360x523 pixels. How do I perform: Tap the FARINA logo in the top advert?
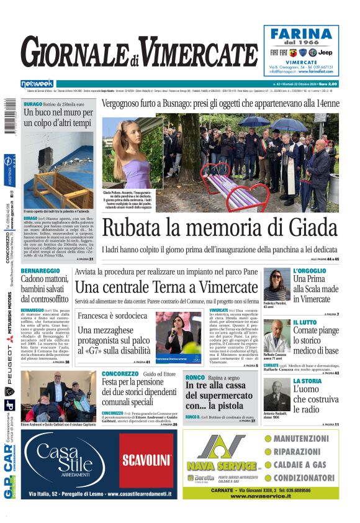click(303, 33)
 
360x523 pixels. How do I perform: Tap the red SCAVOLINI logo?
click(146, 460)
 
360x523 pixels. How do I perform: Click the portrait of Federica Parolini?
click(276, 285)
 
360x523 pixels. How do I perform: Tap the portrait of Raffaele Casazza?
click(276, 336)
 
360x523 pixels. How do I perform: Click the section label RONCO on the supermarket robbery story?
click(195, 378)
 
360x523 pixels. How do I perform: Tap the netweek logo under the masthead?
click(37, 84)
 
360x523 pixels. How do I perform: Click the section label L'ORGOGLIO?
click(309, 271)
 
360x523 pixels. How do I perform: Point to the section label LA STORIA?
click(307, 381)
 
